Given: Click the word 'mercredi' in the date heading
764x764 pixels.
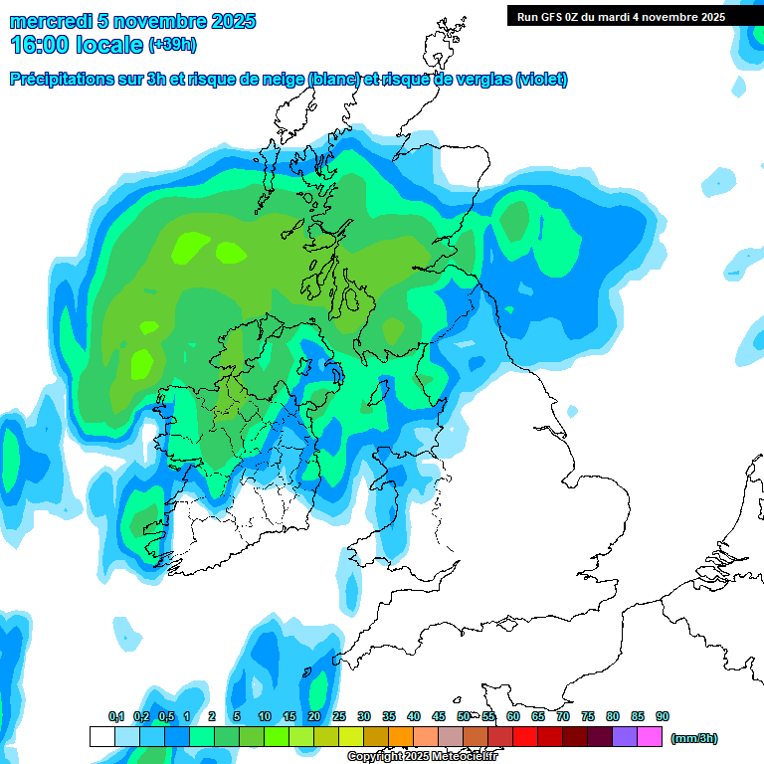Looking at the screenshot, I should [x=46, y=21].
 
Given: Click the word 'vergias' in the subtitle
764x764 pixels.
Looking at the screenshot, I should [x=480, y=80].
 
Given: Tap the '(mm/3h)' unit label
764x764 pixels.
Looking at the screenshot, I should [x=693, y=738].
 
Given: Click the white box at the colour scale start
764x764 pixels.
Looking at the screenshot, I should [x=101, y=737].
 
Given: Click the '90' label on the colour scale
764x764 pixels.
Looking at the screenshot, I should [x=663, y=716].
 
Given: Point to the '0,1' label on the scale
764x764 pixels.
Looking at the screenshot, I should [x=116, y=716].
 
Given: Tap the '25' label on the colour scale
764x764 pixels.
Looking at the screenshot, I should [x=338, y=716].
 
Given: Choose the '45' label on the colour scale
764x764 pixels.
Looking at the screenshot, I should [x=439, y=716].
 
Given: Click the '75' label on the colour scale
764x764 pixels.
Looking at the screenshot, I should [x=588, y=716].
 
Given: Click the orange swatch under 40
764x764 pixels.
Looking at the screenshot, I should [x=401, y=737].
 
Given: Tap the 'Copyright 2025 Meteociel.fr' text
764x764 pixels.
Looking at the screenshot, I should [x=422, y=757].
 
